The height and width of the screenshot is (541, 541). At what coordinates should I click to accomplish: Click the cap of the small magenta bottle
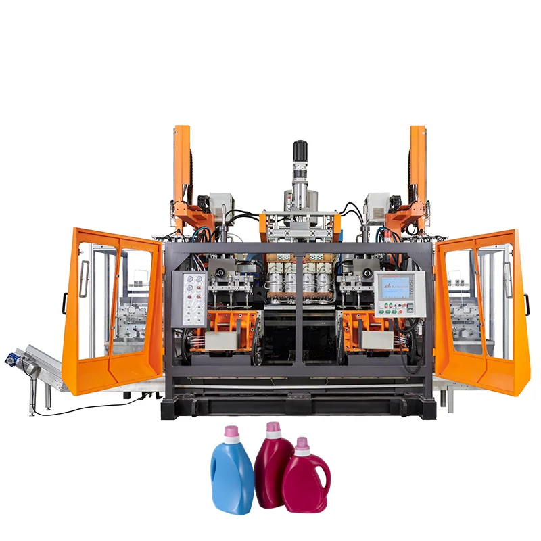(302, 444)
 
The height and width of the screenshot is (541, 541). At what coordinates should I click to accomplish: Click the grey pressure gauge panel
(188, 298)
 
